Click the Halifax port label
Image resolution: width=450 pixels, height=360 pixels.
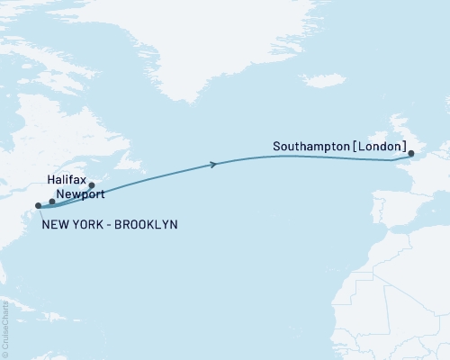tap(67, 180)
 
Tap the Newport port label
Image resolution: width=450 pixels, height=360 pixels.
tap(77, 193)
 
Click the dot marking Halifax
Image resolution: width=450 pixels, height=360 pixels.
tap(91, 185)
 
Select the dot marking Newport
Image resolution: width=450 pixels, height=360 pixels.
tap(52, 202)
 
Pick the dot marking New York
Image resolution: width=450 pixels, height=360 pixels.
tap(38, 206)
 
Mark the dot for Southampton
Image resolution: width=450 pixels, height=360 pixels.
tap(411, 154)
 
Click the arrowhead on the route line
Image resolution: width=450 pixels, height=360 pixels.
tap(213, 164)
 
